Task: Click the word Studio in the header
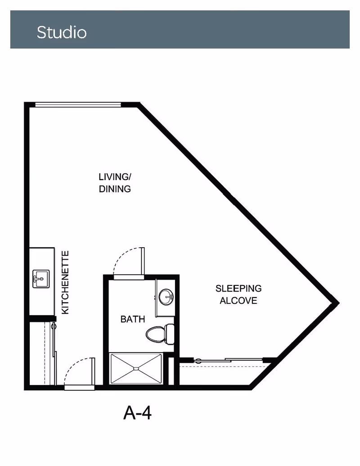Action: click(x=62, y=32)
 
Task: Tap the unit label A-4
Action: click(x=137, y=412)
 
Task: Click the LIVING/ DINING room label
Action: click(x=115, y=183)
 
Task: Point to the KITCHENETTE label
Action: click(x=65, y=282)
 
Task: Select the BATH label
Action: click(x=133, y=319)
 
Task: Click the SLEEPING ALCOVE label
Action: click(x=238, y=294)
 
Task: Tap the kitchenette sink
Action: click(x=41, y=279)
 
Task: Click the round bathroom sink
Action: click(x=166, y=297)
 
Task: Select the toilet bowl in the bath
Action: click(x=155, y=335)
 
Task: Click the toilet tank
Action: click(x=170, y=334)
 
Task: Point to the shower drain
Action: click(x=136, y=368)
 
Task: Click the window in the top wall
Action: click(x=78, y=104)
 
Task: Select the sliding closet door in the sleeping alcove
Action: click(x=229, y=361)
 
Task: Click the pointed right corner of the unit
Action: click(x=338, y=303)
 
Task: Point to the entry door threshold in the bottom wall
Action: click(x=79, y=388)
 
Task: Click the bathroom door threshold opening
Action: click(x=129, y=277)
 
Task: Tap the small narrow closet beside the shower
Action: click(x=171, y=371)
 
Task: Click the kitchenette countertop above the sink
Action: click(x=41, y=258)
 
